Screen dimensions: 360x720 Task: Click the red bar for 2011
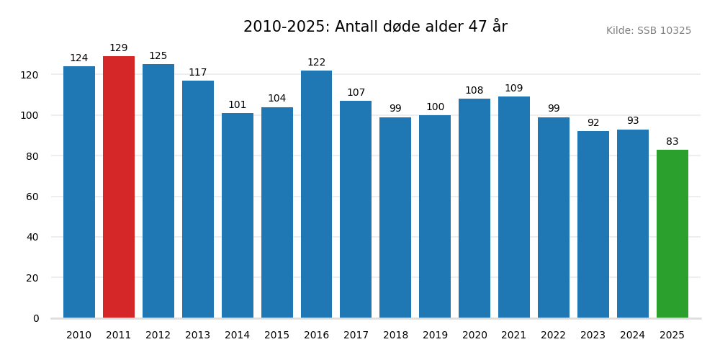[119, 187]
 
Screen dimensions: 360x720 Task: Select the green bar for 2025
[672, 234]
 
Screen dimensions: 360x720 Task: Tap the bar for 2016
[317, 194]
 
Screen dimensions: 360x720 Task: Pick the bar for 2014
[238, 215]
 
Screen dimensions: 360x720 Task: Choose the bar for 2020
[474, 208]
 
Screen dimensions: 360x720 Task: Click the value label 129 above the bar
[119, 48]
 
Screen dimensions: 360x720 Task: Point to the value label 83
[672, 142]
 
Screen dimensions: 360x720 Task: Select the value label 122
[317, 63]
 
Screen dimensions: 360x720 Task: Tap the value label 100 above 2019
[435, 107]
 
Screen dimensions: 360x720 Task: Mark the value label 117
[198, 73]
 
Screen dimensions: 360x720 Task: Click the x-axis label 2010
[79, 336]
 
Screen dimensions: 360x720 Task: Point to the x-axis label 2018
[395, 336]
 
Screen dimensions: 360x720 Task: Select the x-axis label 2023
[593, 336]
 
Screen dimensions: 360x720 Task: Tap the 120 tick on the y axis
[30, 75]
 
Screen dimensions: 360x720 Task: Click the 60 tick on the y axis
[32, 197]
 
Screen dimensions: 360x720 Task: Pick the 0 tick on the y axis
[36, 318]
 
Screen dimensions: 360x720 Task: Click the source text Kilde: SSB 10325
[648, 31]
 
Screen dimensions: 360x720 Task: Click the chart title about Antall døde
[375, 27]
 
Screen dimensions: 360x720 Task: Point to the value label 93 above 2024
[633, 121]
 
